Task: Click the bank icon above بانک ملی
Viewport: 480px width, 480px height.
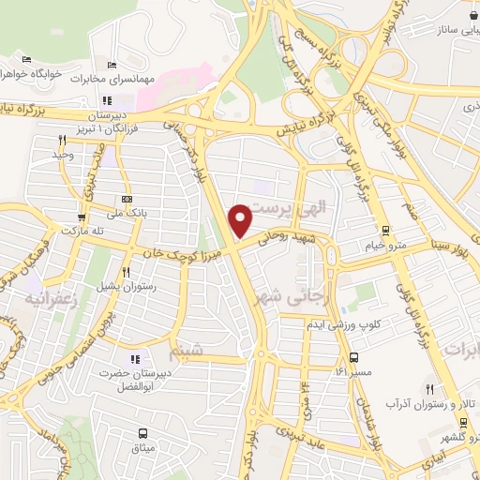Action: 128,199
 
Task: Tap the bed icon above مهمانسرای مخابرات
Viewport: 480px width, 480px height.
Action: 112,65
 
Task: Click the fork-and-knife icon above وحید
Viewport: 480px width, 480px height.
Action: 63,139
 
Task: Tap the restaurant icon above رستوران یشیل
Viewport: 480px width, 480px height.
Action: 126,272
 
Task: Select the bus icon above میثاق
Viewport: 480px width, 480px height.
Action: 142,433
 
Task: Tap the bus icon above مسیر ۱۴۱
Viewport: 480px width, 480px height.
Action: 353,357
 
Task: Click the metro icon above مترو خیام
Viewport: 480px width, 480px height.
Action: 384,230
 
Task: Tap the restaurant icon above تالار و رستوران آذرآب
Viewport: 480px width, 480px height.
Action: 430,389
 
